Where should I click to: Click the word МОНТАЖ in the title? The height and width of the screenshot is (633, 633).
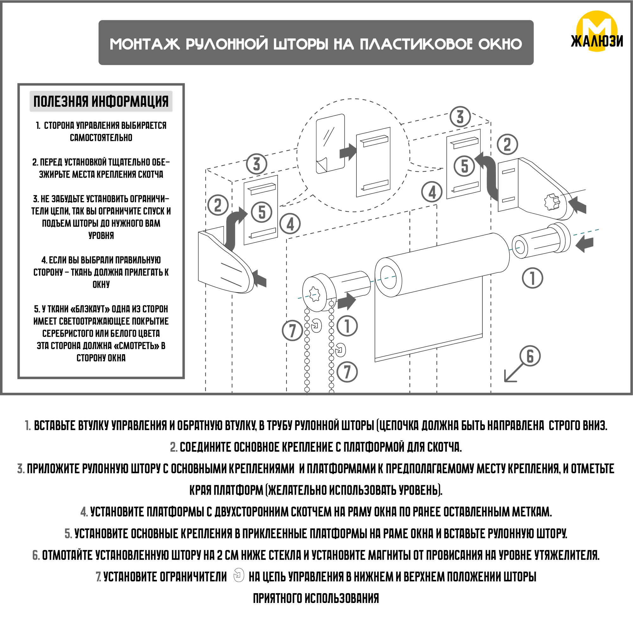(x=145, y=44)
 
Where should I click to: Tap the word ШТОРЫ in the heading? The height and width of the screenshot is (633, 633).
(x=301, y=44)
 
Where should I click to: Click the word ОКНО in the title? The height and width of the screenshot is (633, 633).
(x=500, y=44)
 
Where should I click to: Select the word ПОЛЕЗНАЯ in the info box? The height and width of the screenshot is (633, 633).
(x=61, y=101)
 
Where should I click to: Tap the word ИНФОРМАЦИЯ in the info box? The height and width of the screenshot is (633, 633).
(x=130, y=101)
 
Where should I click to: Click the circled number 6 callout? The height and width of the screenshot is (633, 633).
(x=530, y=356)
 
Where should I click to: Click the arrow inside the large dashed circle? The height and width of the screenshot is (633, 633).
(x=347, y=152)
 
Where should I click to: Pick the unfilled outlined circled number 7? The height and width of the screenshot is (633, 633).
(x=347, y=372)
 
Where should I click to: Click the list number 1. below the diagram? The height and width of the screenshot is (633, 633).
(x=28, y=426)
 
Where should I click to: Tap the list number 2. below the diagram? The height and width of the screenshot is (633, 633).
(x=174, y=447)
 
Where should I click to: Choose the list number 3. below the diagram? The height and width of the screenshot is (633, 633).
(x=21, y=468)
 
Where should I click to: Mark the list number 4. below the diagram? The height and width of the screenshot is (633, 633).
(x=84, y=512)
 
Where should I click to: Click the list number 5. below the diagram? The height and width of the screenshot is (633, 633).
(x=68, y=533)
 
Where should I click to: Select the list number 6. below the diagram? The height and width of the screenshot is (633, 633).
(x=36, y=555)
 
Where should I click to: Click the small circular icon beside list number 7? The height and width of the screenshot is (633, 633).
(x=239, y=575)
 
